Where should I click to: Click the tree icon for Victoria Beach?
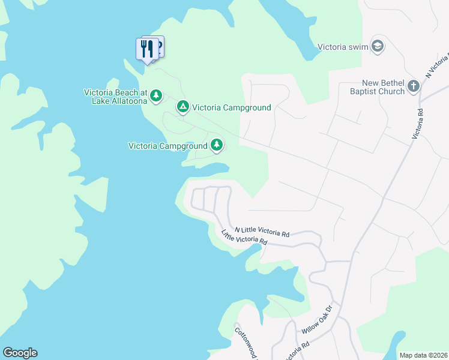pos(156,95)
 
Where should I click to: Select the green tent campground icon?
pos(183,107)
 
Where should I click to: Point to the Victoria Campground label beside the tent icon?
pos(232,108)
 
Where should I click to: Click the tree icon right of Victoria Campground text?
pos(217,145)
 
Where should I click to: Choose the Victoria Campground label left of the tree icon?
pos(167,146)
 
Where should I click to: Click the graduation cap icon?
pos(378,46)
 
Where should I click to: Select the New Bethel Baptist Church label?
pos(378,87)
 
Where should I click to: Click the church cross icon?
pos(413,86)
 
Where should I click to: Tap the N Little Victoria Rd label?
pos(262,231)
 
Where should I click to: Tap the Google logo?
pos(20,353)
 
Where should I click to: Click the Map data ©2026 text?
pos(423,355)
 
